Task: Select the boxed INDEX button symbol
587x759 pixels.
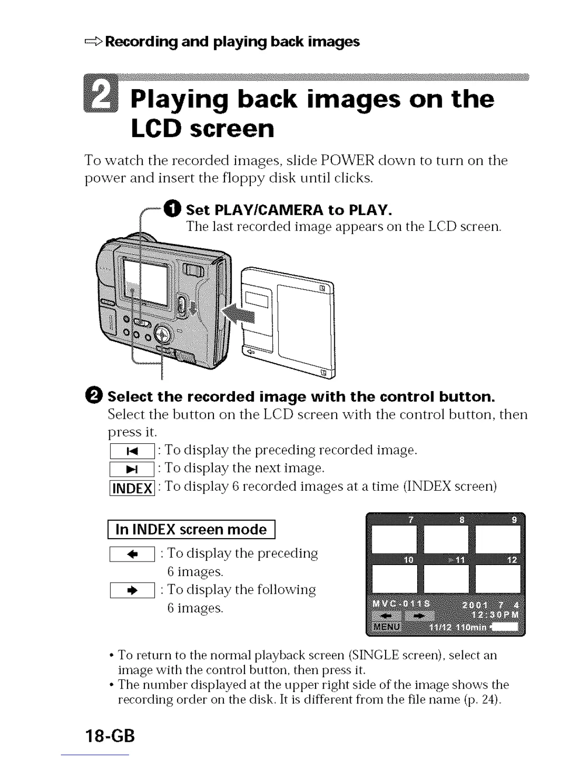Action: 132,488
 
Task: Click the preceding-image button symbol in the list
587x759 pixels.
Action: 132,451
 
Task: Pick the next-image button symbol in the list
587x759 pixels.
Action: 132,469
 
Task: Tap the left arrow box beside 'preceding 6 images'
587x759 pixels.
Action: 132,554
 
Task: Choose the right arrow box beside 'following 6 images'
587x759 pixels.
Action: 132,590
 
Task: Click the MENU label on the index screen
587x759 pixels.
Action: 387,627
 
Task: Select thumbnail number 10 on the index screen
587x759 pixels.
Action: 394,579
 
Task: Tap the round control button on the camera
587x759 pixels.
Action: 163,333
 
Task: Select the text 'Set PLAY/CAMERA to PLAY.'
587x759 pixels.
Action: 289,209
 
